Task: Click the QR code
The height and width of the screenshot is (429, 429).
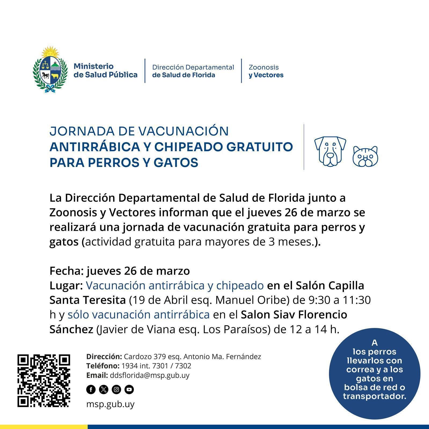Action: [44, 380]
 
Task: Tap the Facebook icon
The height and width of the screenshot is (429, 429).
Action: [91, 389]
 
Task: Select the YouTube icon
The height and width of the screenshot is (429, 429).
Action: [129, 389]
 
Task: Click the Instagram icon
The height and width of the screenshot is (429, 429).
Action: [116, 389]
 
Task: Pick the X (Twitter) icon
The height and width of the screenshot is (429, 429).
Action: [104, 389]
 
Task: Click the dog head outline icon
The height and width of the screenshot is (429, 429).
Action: [330, 151]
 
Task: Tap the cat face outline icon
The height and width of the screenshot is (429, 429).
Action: [365, 156]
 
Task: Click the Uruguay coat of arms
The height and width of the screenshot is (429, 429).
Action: [50, 70]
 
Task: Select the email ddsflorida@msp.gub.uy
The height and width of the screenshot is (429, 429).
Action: [149, 375]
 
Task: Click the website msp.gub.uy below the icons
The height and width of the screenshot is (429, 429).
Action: [110, 404]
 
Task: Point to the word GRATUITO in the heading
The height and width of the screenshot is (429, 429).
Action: [259, 147]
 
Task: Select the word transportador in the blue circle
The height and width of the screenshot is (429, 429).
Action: [374, 396]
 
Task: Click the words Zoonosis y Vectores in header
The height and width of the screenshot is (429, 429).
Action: [266, 71]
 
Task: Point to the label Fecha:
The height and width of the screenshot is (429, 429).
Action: [67, 271]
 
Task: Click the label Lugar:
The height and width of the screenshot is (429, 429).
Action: [66, 286]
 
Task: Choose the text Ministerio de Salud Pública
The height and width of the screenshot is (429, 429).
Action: [105, 71]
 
